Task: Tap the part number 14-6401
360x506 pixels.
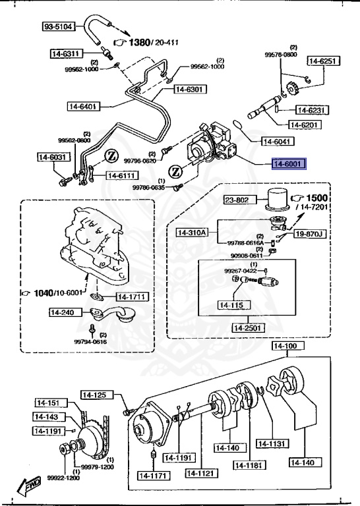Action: click(83, 105)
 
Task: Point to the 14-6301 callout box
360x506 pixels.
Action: click(191, 90)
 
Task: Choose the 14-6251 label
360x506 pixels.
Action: click(323, 61)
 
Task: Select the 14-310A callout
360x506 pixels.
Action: click(192, 232)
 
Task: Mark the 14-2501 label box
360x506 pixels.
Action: click(248, 327)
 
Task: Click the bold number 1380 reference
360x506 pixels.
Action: click(139, 42)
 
